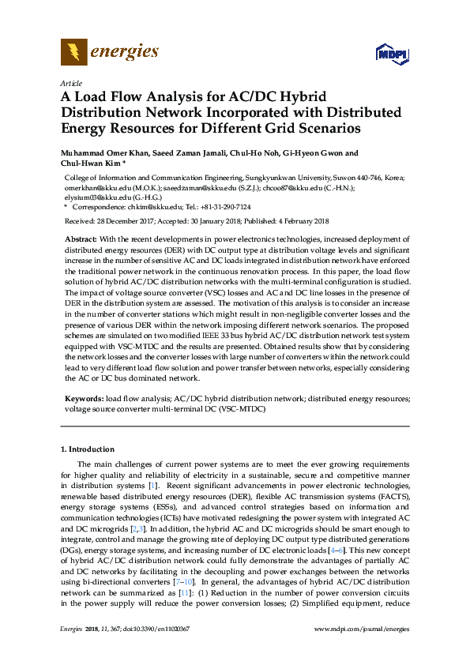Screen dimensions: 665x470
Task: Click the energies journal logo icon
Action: click(x=73, y=53)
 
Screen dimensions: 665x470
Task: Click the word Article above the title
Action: click(x=70, y=82)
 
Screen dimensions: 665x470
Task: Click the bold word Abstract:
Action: click(x=80, y=239)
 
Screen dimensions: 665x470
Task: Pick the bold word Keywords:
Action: click(x=83, y=400)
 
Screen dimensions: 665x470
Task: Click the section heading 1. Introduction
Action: click(x=87, y=449)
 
